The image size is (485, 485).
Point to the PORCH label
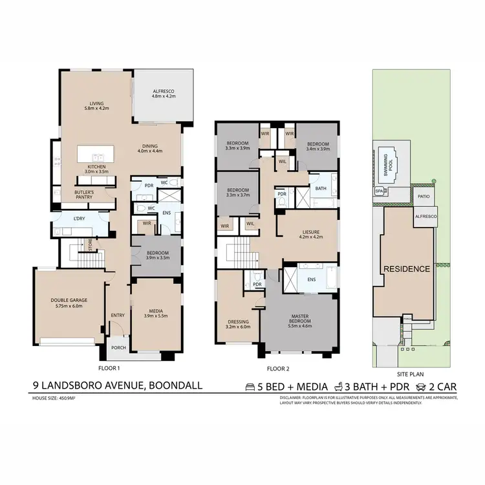click(118, 347)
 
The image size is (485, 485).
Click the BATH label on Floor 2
click(321, 189)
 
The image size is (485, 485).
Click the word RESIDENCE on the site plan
click(406, 269)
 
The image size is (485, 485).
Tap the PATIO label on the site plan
click(424, 196)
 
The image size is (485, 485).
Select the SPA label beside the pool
click(379, 191)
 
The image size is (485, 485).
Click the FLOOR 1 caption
click(108, 368)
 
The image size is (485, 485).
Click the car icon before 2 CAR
click(421, 387)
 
